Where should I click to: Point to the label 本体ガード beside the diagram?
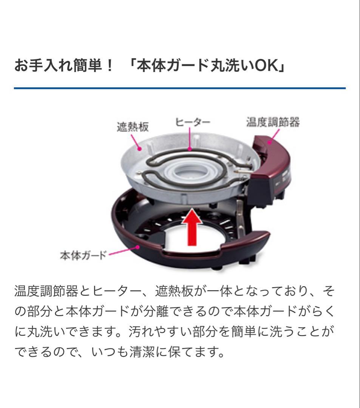[83, 254]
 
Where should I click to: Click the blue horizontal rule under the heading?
[180, 88]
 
